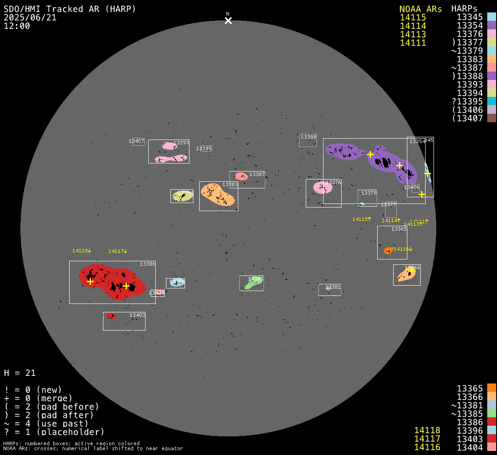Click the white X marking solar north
click(x=228, y=20)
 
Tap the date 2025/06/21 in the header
click(x=30, y=18)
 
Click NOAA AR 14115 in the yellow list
click(x=413, y=17)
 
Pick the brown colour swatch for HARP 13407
click(x=491, y=118)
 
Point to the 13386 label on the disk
click(x=147, y=264)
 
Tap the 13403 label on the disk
click(x=137, y=315)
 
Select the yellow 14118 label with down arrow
click(x=82, y=251)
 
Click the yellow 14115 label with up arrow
click(x=362, y=219)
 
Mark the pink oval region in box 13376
click(x=323, y=188)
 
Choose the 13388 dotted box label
click(x=308, y=137)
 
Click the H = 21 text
click(x=20, y=373)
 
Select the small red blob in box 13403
click(x=110, y=316)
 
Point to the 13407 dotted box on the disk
click(x=138, y=141)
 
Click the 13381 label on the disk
click(x=333, y=287)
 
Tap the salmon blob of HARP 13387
click(x=241, y=176)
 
